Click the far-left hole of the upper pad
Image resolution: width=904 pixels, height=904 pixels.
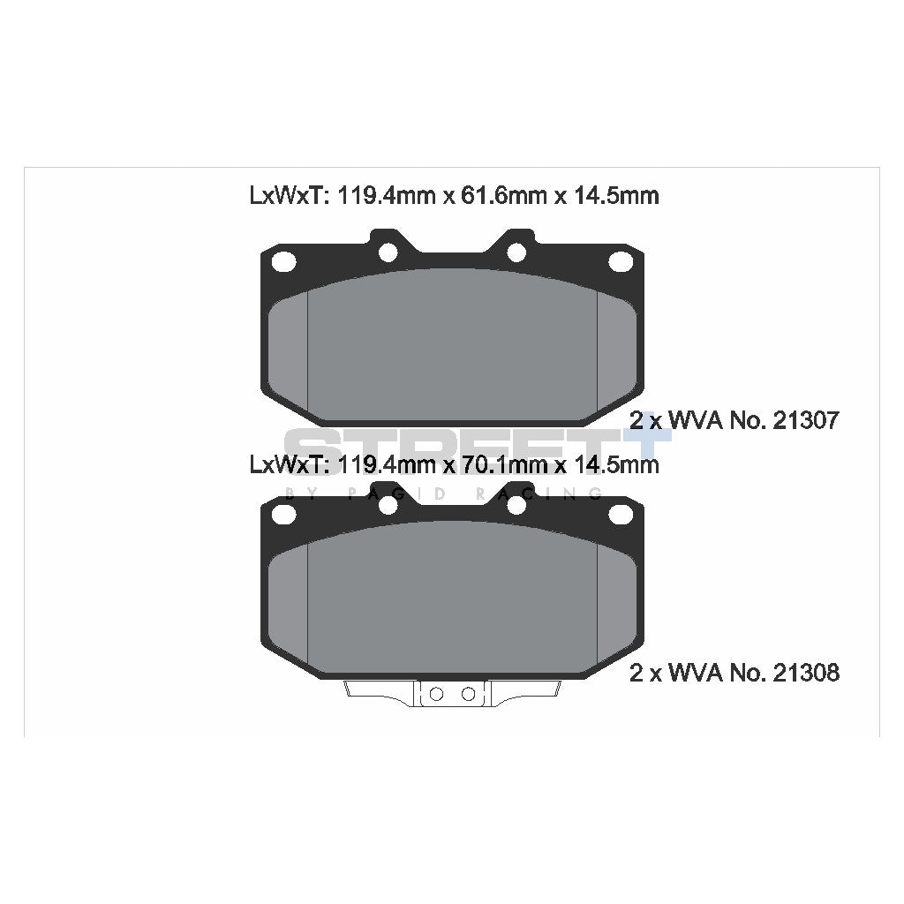point(283,261)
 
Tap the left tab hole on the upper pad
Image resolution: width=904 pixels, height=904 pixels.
point(387,252)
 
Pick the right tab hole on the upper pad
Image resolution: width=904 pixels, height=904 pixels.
point(517,252)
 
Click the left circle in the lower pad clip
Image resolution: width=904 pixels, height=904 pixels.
point(435,693)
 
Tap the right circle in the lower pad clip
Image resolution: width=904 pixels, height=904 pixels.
point(468,693)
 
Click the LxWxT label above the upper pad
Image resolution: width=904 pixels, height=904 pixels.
point(287,196)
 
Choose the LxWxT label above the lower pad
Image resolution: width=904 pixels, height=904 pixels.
point(287,464)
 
